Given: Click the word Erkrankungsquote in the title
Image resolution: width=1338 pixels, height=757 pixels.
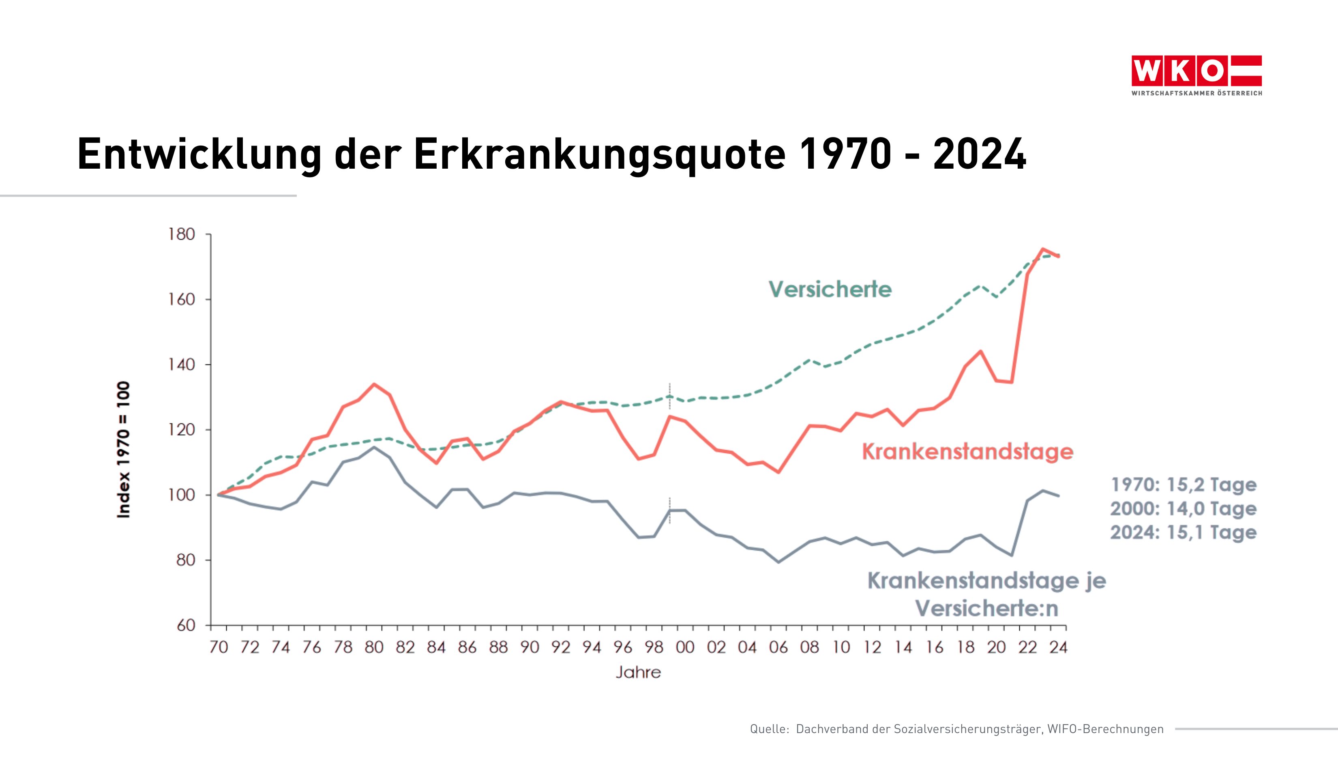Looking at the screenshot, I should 599,154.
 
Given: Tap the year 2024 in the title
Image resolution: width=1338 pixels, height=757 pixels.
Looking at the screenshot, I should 979,154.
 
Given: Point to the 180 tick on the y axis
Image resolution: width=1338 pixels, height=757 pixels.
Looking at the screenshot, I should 181,234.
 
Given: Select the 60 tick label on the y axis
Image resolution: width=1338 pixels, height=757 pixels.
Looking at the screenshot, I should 186,626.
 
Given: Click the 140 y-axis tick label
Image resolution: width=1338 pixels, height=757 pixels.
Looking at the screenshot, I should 181,365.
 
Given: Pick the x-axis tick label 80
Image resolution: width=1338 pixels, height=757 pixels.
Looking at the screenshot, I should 374,647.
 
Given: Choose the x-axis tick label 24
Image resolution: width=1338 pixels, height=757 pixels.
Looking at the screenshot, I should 1058,647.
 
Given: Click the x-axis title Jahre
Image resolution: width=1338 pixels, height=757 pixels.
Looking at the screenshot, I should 638,672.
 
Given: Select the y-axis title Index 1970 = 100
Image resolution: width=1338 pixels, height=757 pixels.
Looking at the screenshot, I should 123,450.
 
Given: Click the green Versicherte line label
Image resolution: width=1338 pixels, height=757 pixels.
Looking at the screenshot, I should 830,290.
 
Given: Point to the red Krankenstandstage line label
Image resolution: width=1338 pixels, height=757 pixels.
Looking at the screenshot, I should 967,451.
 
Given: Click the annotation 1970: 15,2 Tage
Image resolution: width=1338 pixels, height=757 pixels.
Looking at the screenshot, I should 1183,485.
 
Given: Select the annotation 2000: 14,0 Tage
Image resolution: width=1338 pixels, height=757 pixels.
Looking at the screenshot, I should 1183,508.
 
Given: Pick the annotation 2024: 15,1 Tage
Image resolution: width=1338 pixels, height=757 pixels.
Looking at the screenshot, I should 1183,532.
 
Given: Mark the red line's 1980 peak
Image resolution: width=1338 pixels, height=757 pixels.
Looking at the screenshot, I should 374,384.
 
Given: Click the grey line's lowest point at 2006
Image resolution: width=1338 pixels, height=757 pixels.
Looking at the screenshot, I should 778,562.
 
